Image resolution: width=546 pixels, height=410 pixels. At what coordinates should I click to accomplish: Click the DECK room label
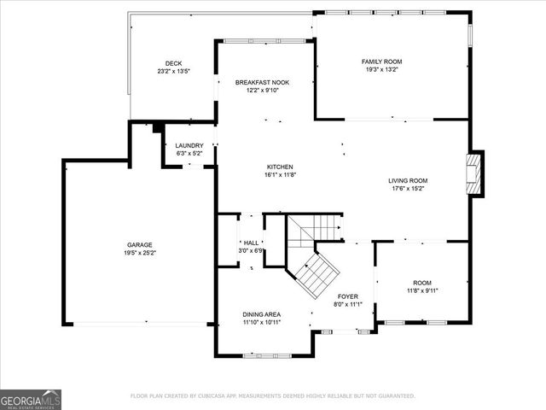(173, 63)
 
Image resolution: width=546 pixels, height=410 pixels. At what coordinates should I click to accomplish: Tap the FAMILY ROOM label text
(381, 61)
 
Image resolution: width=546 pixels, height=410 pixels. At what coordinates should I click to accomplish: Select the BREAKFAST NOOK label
(262, 83)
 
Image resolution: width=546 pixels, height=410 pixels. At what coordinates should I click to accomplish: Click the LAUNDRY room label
(189, 146)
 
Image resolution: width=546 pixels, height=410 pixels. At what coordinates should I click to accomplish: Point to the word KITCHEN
(280, 167)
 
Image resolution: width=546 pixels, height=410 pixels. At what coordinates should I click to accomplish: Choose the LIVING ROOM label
(408, 180)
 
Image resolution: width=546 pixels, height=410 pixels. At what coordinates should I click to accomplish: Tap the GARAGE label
(140, 245)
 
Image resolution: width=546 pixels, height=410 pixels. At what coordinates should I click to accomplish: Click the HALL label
(251, 243)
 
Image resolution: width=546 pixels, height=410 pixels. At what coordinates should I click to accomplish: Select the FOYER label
(348, 296)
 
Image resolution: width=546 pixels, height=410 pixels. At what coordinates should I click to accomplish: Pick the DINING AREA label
(262, 315)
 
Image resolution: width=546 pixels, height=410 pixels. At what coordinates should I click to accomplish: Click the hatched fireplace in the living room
(473, 174)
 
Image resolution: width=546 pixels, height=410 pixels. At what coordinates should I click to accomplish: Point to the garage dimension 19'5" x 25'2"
(140, 253)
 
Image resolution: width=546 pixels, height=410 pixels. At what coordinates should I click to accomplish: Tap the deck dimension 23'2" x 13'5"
(173, 72)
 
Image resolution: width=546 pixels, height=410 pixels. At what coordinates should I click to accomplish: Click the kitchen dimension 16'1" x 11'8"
(280, 175)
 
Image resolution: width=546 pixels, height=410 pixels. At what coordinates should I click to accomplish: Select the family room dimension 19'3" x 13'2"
(381, 70)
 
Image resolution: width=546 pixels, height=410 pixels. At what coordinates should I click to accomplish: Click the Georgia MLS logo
(31, 400)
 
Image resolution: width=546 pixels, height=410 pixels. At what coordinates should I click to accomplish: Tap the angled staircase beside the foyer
(317, 275)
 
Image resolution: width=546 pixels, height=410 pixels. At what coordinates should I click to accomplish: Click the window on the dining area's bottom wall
(267, 355)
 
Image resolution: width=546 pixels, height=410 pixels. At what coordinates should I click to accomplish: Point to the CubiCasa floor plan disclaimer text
(273, 396)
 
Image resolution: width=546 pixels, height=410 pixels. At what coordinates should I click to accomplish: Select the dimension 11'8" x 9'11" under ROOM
(422, 290)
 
